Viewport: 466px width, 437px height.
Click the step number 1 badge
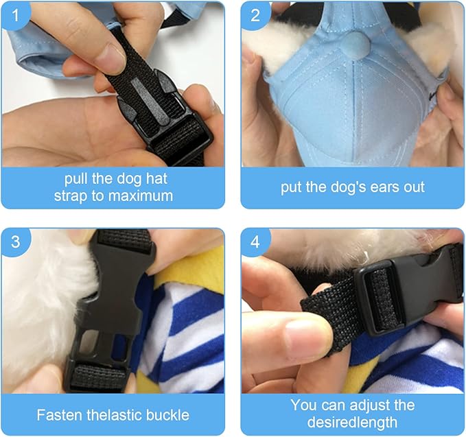coord(16,16)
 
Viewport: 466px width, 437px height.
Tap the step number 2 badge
coord(255,15)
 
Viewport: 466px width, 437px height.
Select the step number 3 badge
coord(16,241)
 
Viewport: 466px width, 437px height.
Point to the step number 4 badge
coord(255,241)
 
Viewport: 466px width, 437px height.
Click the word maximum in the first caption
coord(141,196)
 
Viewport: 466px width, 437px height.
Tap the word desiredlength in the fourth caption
coord(352,422)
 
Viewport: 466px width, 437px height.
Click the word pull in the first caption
coord(75,179)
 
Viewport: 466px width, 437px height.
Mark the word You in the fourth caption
coord(303,405)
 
